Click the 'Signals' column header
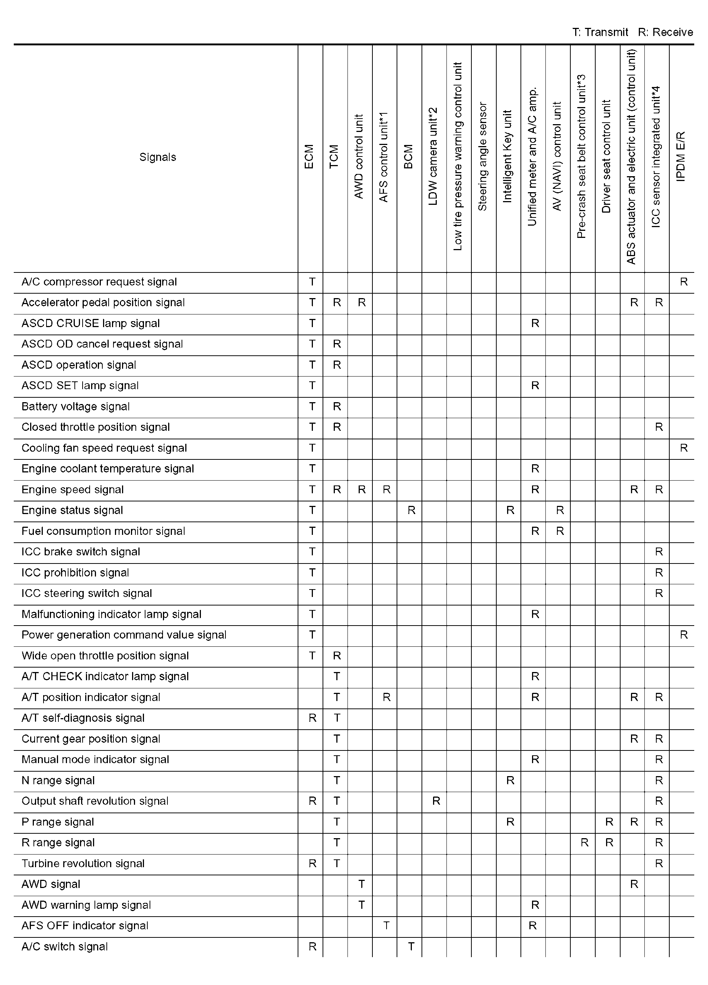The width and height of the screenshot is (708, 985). (x=157, y=157)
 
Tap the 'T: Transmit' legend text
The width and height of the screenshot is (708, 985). (x=600, y=32)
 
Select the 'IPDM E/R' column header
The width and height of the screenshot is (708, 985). (x=681, y=157)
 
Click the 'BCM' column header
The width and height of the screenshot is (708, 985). (x=409, y=157)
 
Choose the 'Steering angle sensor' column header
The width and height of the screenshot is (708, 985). (x=483, y=157)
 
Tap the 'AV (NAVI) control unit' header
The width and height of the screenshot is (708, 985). (x=557, y=157)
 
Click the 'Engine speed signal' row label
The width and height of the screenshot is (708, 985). (x=73, y=490)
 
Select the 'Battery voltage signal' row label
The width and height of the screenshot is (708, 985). (x=76, y=407)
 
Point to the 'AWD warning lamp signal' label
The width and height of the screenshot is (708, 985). (x=86, y=905)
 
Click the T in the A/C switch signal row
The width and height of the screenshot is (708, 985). (x=411, y=947)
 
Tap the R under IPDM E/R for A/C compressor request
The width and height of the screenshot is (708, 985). (x=684, y=282)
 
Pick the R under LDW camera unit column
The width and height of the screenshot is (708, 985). (x=436, y=801)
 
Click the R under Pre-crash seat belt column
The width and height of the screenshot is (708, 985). (x=584, y=843)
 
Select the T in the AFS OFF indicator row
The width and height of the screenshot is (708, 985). (x=386, y=926)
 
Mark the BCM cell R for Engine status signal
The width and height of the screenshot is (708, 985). (x=411, y=510)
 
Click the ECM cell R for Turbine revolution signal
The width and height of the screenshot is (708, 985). (x=312, y=864)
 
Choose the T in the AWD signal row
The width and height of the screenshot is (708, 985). (x=361, y=884)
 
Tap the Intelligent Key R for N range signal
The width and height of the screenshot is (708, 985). (x=510, y=781)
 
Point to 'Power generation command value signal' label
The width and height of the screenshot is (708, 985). (x=124, y=635)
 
